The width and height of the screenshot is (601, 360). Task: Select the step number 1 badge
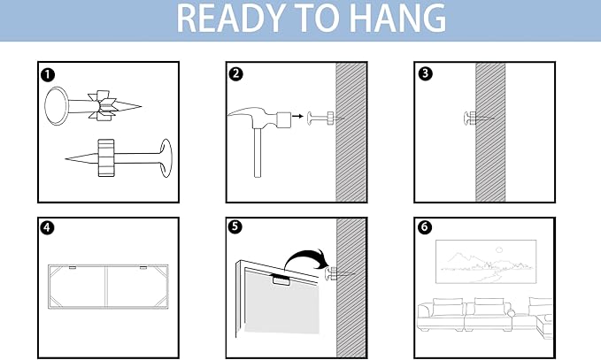(48, 74)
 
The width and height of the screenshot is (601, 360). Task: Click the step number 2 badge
(235, 73)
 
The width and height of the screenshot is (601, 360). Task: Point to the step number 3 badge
(425, 73)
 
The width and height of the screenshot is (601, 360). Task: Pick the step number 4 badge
(47, 227)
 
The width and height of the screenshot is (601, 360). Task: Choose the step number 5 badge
(235, 226)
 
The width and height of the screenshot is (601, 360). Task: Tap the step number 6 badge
(424, 226)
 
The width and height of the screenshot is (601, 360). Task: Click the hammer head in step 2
(259, 118)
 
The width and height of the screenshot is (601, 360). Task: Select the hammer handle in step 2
(258, 152)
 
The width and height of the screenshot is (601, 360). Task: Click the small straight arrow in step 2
(297, 116)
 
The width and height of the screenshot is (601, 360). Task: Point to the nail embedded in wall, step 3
(478, 119)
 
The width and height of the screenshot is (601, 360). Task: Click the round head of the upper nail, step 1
(57, 106)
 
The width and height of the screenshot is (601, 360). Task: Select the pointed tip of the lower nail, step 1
(66, 158)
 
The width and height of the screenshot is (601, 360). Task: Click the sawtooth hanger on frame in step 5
(281, 280)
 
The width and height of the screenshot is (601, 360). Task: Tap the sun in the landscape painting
(499, 250)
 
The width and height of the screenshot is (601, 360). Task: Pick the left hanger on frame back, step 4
(73, 267)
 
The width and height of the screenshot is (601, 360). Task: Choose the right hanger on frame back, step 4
(143, 267)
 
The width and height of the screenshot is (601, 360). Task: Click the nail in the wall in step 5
(339, 274)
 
